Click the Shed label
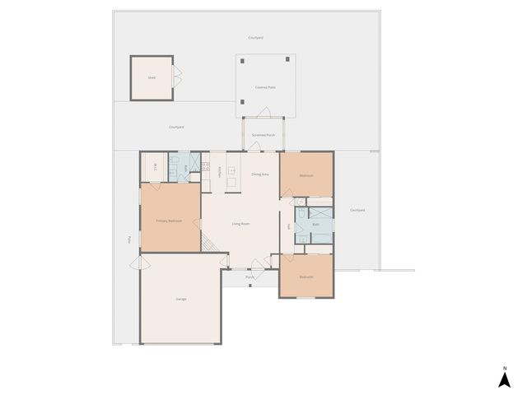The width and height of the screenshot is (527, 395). click(x=152, y=77)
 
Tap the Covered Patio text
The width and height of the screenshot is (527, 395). click(x=265, y=86)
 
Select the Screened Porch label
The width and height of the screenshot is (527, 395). click(x=264, y=134)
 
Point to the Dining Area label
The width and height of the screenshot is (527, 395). click(x=260, y=174)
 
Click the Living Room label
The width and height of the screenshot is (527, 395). click(x=240, y=224)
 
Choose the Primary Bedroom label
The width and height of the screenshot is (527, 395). click(x=169, y=221)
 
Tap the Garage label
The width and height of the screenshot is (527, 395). click(x=180, y=298)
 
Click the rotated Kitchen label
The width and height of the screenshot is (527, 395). click(x=220, y=171)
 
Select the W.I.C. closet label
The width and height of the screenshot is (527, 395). click(x=156, y=170)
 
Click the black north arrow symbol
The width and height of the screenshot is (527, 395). click(x=503, y=379)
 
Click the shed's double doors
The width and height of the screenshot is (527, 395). click(x=176, y=77)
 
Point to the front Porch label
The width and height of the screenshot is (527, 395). click(x=250, y=277)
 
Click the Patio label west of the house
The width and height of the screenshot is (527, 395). click(x=130, y=239)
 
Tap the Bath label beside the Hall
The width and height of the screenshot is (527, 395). click(x=316, y=224)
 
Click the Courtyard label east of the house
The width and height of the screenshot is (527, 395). click(x=357, y=210)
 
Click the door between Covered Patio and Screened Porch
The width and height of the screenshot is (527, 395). click(x=264, y=113)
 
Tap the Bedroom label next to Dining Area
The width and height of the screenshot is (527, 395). click(x=306, y=176)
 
